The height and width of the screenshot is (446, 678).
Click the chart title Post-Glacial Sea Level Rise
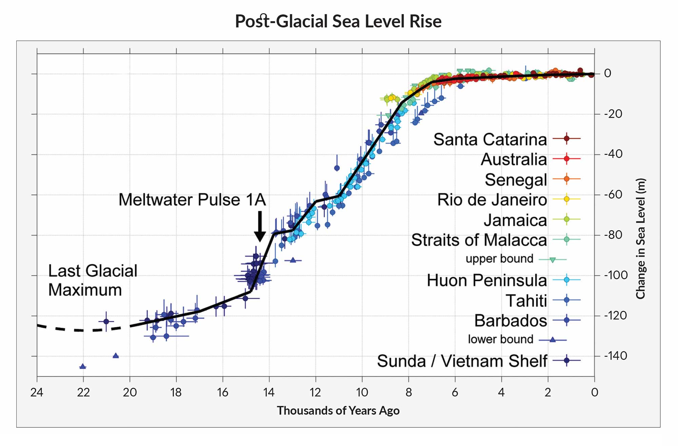point(338,21)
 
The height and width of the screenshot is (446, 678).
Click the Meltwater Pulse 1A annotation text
point(192,200)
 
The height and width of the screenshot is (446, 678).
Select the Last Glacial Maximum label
point(93,280)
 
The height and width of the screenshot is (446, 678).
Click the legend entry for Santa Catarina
point(490,139)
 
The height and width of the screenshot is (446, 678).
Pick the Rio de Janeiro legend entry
point(492,200)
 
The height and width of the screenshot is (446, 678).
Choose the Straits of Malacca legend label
point(479,240)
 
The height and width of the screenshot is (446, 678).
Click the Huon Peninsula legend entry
point(486,280)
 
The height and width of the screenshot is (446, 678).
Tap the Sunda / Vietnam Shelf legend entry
point(462,361)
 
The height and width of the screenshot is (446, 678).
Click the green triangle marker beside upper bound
point(553,260)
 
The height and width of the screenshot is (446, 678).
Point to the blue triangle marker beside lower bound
point(553,340)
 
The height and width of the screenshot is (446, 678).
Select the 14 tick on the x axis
point(269,392)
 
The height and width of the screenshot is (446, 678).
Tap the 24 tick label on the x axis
point(37,392)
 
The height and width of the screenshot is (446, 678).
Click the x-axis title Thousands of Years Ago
point(338,411)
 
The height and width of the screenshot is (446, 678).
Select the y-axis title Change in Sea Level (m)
point(640,239)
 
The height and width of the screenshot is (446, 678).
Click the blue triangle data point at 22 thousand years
point(83,366)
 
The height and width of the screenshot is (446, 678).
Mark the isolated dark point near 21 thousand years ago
point(106,321)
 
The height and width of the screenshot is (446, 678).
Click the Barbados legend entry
point(510,321)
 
